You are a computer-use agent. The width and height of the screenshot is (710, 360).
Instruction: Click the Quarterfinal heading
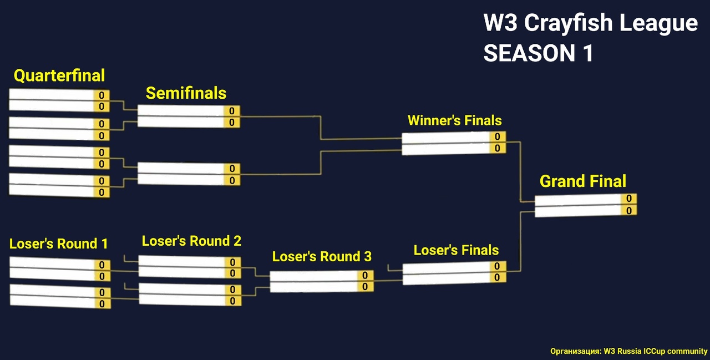pyautogui.click(x=59, y=75)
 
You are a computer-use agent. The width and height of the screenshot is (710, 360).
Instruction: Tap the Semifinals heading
pyautogui.click(x=186, y=93)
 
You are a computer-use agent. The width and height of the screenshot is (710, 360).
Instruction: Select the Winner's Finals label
pyautogui.click(x=454, y=120)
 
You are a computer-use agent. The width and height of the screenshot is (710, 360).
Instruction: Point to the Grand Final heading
pyautogui.click(x=582, y=181)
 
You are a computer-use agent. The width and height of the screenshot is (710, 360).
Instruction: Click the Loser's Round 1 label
pyautogui.click(x=58, y=244)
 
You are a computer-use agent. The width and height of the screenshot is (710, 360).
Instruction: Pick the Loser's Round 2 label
pyautogui.click(x=191, y=241)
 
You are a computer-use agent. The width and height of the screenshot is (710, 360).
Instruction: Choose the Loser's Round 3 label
pyautogui.click(x=322, y=256)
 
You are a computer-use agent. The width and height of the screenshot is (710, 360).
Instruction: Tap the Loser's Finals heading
pyautogui.click(x=456, y=250)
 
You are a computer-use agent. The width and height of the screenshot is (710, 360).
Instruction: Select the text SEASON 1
pyautogui.click(x=538, y=53)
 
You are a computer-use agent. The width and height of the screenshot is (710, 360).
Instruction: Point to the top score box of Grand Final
pyautogui.click(x=629, y=199)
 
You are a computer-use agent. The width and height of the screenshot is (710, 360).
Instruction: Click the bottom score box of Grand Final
pyautogui.click(x=629, y=211)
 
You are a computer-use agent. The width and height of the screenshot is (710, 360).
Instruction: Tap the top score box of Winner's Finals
pyautogui.click(x=498, y=136)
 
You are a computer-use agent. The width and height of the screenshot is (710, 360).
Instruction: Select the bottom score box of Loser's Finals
pyautogui.click(x=498, y=277)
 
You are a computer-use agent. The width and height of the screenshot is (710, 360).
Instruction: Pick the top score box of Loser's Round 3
pyautogui.click(x=365, y=275)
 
